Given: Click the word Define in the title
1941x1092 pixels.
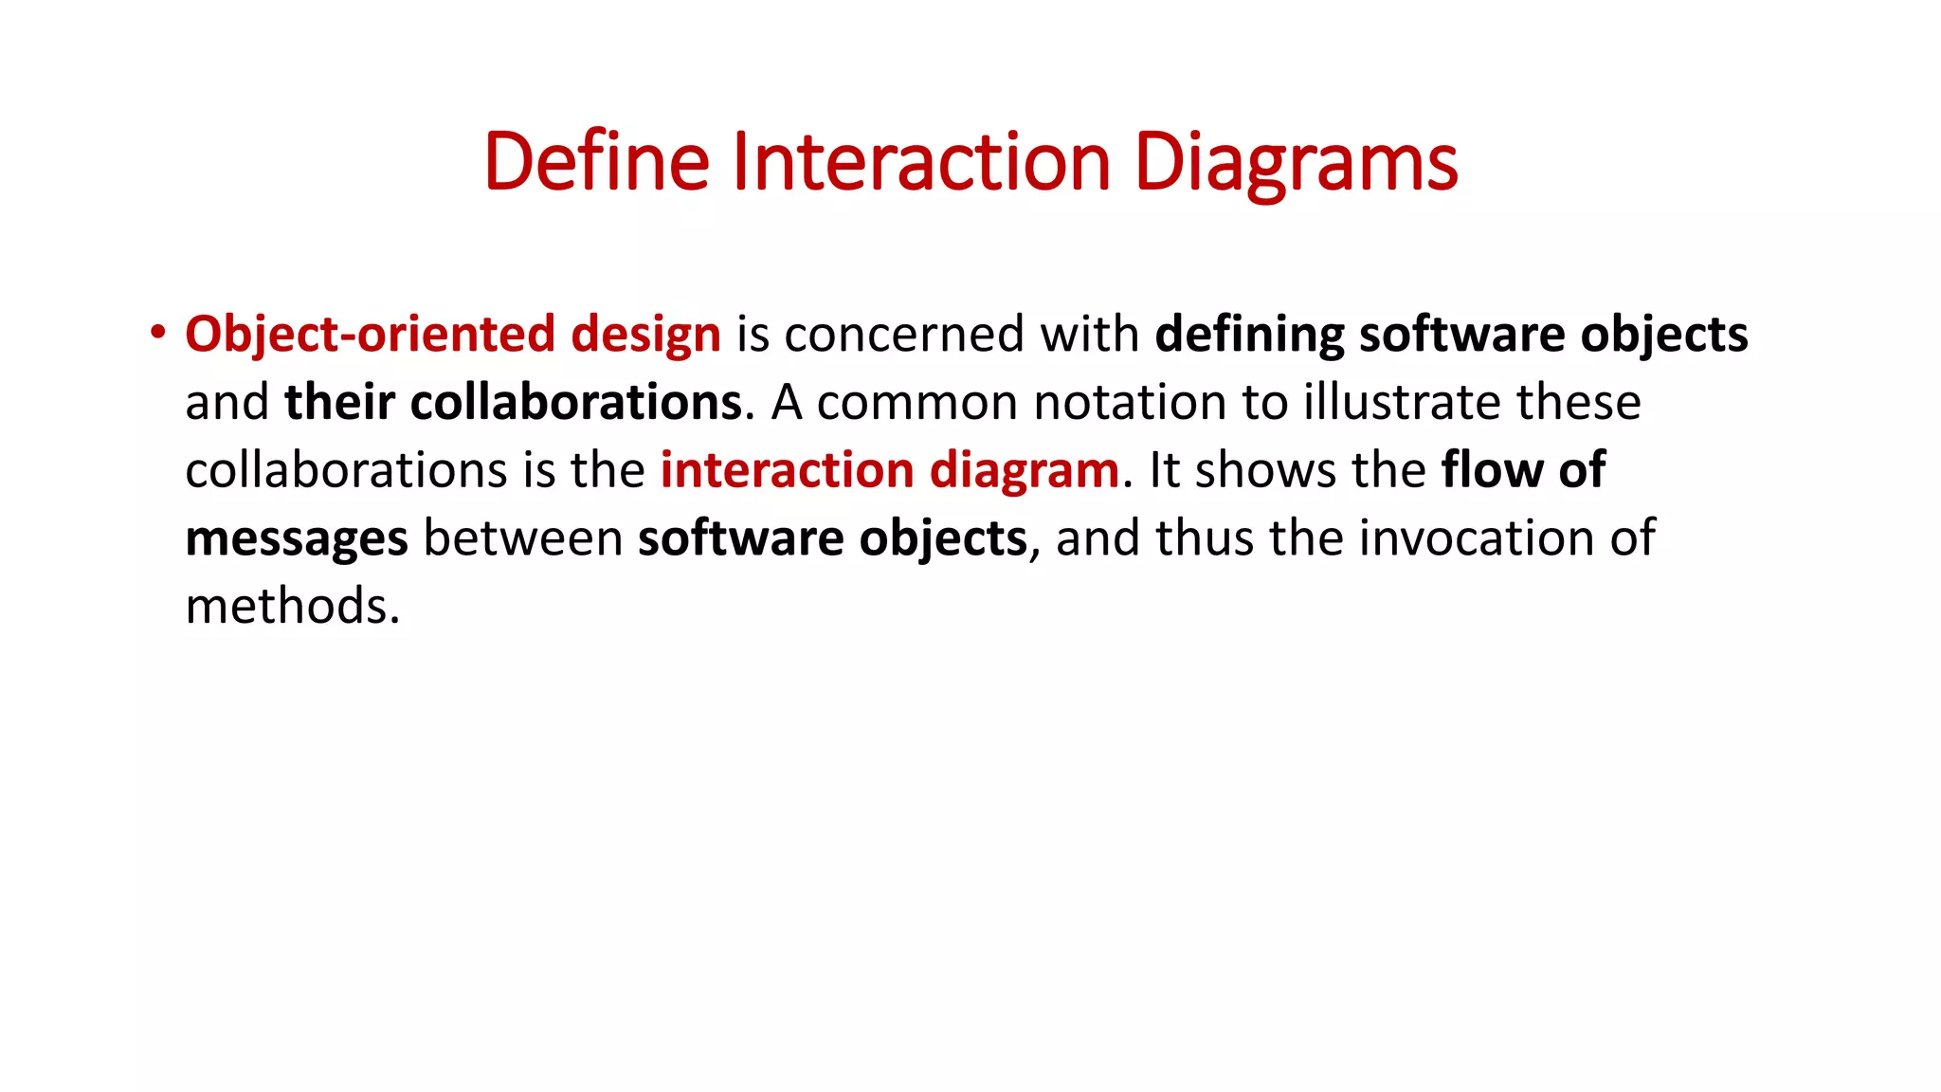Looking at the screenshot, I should [x=596, y=161].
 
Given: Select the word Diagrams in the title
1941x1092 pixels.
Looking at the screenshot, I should [x=1295, y=163].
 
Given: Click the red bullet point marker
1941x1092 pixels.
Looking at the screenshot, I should [x=157, y=333].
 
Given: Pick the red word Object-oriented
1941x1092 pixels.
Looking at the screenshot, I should [x=370, y=335].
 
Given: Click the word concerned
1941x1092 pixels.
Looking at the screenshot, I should [x=904, y=335].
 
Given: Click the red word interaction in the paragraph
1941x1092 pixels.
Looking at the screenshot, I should [x=786, y=470].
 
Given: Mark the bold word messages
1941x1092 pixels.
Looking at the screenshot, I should [x=297, y=540].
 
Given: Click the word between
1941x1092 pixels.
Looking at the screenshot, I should [x=522, y=538].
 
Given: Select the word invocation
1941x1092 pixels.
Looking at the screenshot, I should [x=1477, y=538].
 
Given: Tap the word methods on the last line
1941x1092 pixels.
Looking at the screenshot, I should [x=291, y=607].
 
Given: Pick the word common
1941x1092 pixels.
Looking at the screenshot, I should [x=916, y=403].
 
